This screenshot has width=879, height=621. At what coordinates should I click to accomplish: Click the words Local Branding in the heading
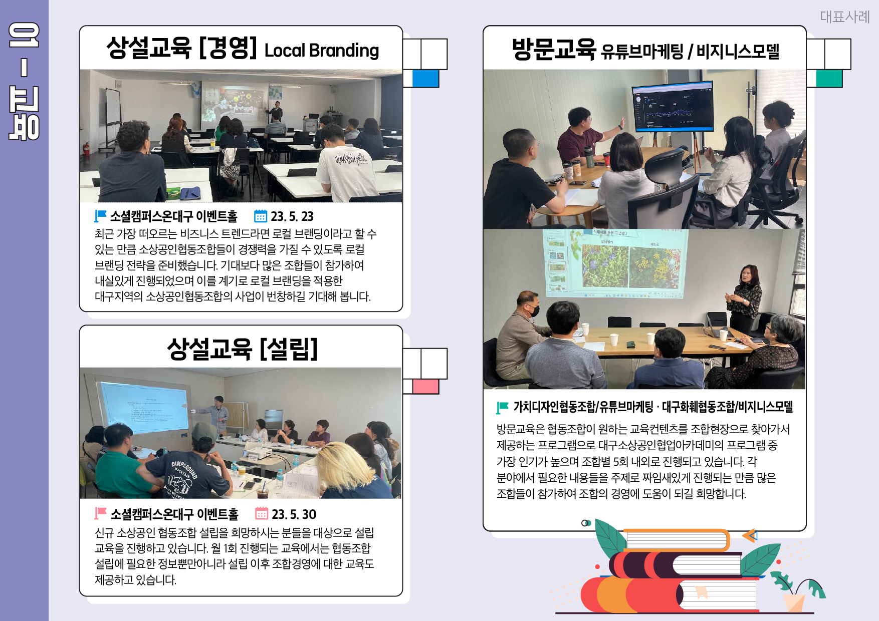click(x=322, y=51)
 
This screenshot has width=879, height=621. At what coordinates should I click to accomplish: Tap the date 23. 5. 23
click(x=292, y=216)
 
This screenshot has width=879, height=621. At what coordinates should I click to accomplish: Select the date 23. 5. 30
click(x=294, y=514)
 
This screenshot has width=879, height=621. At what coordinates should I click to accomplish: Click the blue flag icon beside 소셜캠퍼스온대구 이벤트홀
click(x=100, y=216)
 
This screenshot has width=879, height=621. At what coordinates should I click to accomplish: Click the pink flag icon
click(x=100, y=513)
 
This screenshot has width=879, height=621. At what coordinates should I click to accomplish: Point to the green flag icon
click(x=502, y=407)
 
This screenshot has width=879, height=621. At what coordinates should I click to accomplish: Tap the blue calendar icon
click(x=261, y=216)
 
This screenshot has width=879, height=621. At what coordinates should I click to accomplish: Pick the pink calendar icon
click(x=262, y=513)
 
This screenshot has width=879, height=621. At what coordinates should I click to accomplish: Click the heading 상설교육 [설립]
click(x=243, y=349)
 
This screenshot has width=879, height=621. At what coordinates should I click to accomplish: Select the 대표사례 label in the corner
click(x=844, y=17)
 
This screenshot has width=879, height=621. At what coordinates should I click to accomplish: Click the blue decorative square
click(x=425, y=79)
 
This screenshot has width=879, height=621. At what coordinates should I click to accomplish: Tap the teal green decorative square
click(x=829, y=79)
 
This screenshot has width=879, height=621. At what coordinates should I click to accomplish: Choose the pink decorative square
click(x=425, y=386)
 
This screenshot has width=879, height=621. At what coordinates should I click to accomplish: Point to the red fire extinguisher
click(x=86, y=148)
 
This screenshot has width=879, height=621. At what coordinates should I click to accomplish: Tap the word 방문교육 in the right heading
click(x=554, y=49)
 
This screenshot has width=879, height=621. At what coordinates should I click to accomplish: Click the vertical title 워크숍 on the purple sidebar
click(x=24, y=81)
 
